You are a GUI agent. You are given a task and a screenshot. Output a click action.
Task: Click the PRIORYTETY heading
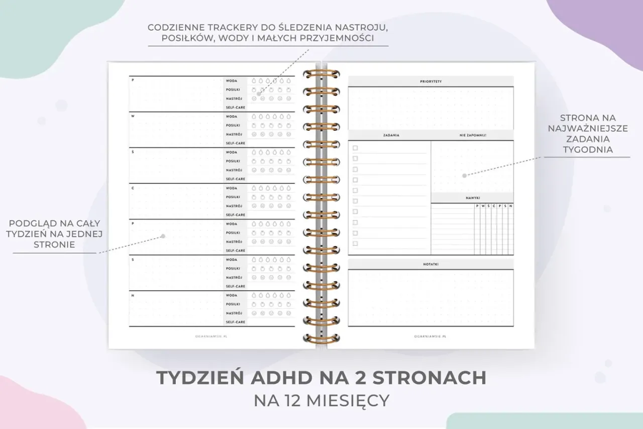[x=431, y=81]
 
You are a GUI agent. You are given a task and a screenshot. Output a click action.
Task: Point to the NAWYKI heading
[x=472, y=198]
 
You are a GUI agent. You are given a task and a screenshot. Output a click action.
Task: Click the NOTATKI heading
[x=431, y=264]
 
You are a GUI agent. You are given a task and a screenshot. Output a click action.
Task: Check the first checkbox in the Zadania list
[x=355, y=148]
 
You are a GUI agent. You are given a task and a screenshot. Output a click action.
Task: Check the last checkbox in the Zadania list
[x=355, y=244]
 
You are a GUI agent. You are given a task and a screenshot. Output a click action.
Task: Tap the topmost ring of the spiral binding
[x=321, y=74]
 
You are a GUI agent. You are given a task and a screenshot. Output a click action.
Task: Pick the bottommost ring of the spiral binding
[x=321, y=337]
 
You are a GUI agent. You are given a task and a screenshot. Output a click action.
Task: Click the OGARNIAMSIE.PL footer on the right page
[x=431, y=336]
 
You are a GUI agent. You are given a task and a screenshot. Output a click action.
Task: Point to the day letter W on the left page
[x=133, y=116]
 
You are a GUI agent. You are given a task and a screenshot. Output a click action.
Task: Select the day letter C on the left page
[x=133, y=188]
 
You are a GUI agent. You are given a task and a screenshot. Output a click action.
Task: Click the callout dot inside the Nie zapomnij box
[x=465, y=176]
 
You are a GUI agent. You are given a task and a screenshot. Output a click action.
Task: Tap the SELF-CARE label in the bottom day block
[x=235, y=322]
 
